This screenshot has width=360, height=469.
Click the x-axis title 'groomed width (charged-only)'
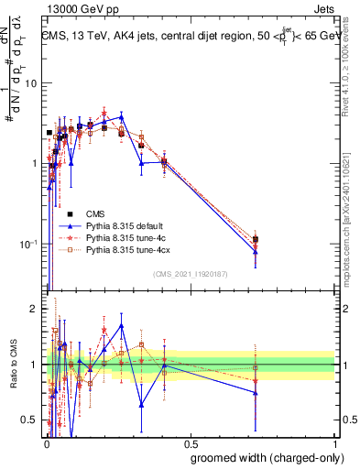(x=261, y=457)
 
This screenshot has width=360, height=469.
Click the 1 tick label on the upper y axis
(x=34, y=164)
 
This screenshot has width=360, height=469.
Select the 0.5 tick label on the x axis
(x=191, y=444)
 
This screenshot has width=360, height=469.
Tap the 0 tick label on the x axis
(x=46, y=444)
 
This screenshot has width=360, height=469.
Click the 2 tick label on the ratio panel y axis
(x=35, y=309)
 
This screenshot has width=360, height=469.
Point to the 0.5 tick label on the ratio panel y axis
(x=30, y=420)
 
